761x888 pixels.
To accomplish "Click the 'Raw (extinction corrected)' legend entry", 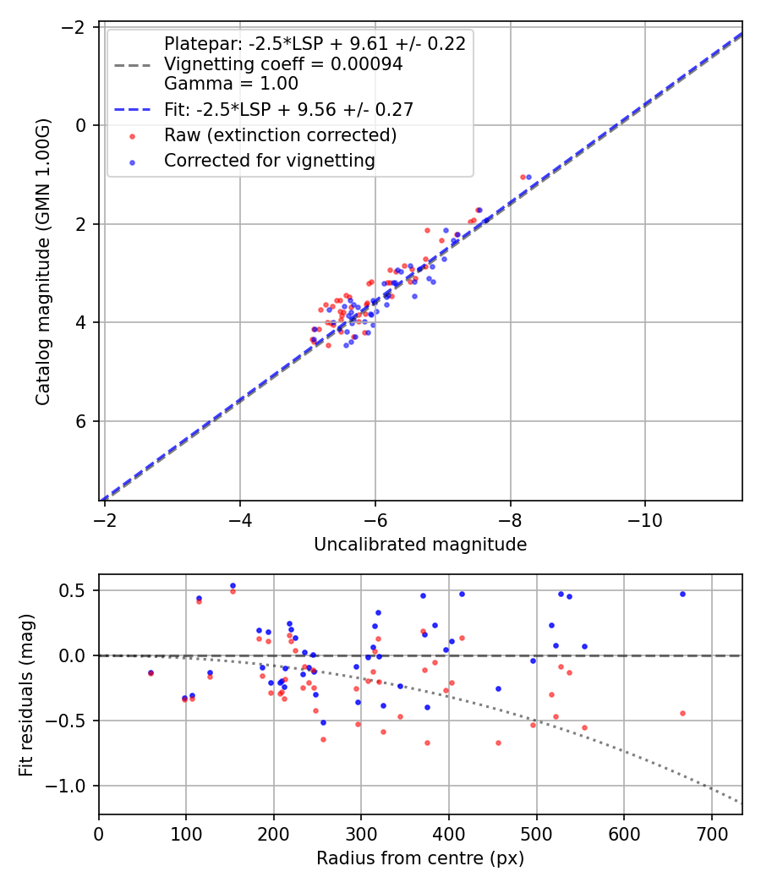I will click(280, 135).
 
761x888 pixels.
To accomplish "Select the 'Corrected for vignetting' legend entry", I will click(269, 160).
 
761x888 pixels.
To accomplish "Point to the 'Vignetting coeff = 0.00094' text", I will click(283, 64).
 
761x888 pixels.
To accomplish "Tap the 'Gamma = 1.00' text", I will click(231, 84).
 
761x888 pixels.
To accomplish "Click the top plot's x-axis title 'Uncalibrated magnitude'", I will click(420, 545).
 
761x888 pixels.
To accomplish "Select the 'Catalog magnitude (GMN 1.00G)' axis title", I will click(43, 262).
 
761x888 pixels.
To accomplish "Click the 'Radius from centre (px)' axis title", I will click(420, 858).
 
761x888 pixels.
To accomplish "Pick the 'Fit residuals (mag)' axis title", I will click(25, 694).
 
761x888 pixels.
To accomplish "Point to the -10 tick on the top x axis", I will click(645, 516).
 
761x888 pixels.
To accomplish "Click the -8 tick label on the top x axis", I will click(510, 516).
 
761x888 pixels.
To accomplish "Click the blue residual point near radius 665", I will click(682, 594).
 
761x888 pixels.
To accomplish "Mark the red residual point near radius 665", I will click(682, 713).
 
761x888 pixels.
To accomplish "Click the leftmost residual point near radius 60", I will click(151, 673).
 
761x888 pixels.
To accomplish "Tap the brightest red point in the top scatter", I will click(523, 177).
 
